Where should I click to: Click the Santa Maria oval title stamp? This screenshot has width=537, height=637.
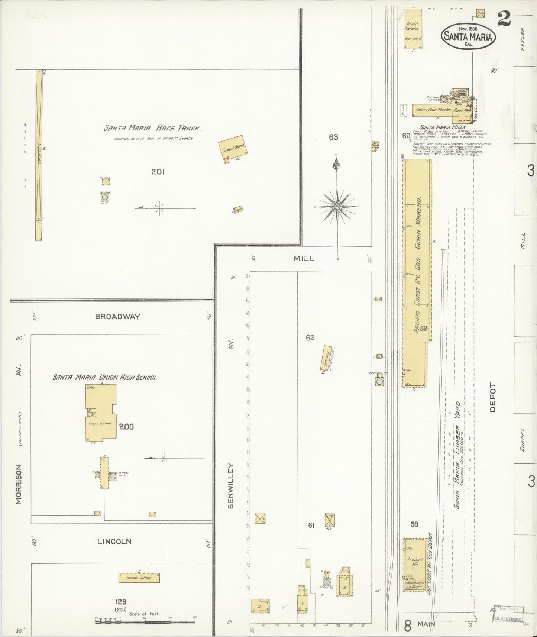(468, 36)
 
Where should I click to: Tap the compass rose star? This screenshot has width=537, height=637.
(337, 206)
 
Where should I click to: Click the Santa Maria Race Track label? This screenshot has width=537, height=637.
(153, 129)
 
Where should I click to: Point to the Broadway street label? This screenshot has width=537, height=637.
(117, 317)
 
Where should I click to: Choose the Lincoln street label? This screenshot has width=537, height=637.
(114, 541)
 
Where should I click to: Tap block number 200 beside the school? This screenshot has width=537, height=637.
(126, 427)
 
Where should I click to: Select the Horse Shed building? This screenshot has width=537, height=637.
(139, 578)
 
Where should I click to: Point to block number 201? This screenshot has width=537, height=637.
(158, 172)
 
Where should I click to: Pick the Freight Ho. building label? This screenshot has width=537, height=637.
(415, 562)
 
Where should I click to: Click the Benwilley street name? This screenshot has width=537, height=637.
(231, 485)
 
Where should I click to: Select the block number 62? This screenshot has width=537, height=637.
(310, 337)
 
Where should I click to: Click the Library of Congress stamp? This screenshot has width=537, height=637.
(508, 614)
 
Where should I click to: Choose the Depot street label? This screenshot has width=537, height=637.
(493, 397)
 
